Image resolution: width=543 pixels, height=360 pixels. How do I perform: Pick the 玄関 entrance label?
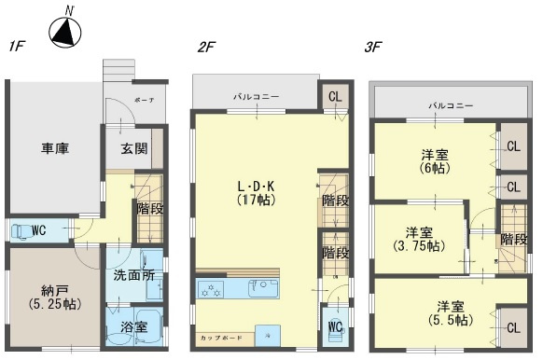[133, 148]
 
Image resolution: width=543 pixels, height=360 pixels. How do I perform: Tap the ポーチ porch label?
[145, 99]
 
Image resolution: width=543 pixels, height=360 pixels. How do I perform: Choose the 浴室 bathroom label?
[134, 328]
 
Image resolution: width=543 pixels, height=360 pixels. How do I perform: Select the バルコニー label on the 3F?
[451, 105]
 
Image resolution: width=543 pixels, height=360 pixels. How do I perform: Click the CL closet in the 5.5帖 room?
[513, 328]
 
